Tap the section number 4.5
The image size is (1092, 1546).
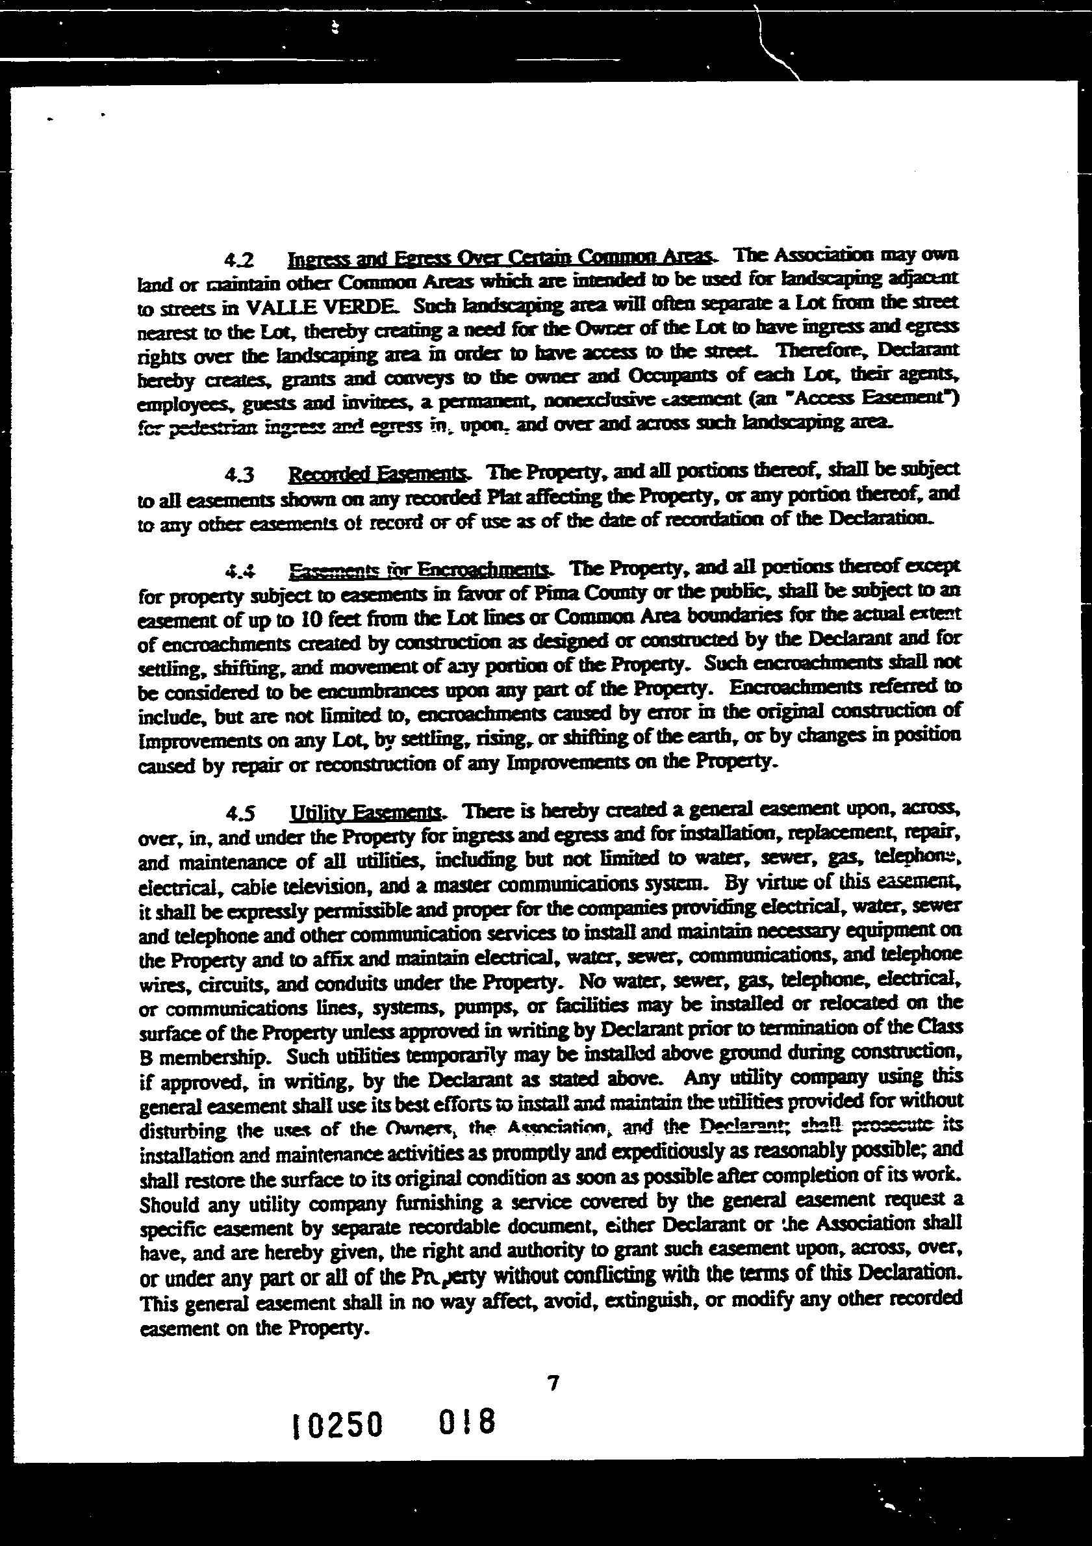[240, 814]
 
